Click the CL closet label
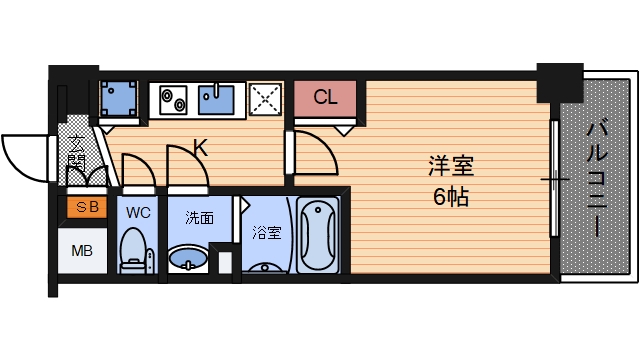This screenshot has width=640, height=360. (326, 98)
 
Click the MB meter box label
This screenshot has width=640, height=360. (84, 250)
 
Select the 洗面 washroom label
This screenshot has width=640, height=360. (198, 217)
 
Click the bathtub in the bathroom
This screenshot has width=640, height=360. (319, 236)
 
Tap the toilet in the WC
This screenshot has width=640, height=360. (133, 250)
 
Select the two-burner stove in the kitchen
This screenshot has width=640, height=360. (170, 100)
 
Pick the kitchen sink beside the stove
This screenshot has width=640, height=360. (214, 100)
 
